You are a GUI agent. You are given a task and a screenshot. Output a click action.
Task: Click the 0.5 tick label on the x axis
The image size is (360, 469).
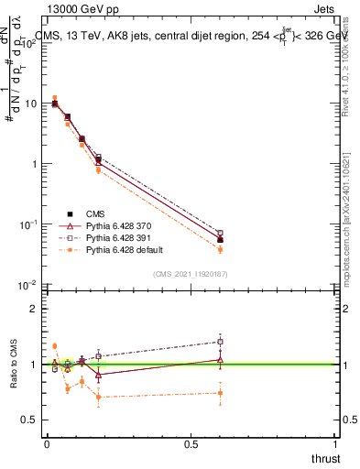coord(191,443)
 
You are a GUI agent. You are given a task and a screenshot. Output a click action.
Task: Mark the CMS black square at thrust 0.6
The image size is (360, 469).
coord(220,239)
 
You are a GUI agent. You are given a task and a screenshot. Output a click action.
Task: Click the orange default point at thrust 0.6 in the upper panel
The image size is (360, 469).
coord(220,249)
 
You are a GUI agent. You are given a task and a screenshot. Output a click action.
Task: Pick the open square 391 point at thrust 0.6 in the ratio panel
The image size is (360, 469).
coord(220,342)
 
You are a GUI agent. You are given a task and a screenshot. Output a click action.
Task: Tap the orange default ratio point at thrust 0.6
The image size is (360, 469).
coord(220,393)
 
